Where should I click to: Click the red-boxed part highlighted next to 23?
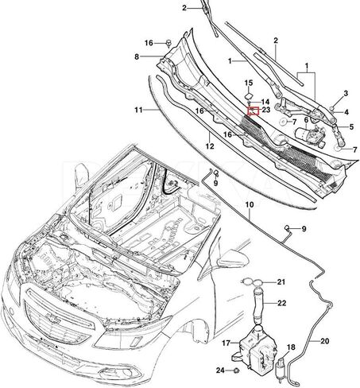(254, 111)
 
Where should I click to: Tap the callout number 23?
(267, 111)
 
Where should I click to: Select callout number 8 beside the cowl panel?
(137, 56)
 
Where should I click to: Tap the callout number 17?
(225, 343)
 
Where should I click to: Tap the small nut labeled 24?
(236, 371)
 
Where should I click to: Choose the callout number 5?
(352, 126)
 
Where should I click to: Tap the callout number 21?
(281, 281)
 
